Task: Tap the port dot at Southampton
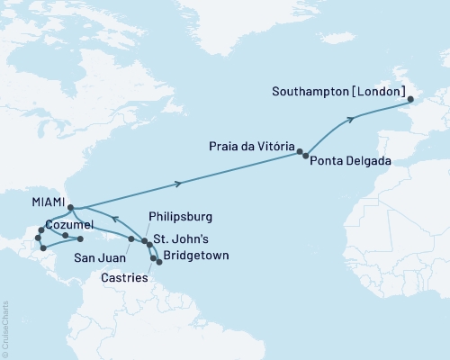click(407, 99)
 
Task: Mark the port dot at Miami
click(70, 207)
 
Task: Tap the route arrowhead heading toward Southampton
click(349, 118)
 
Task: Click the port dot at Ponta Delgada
click(306, 157)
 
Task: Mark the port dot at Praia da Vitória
click(300, 152)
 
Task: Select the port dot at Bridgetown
click(159, 261)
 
